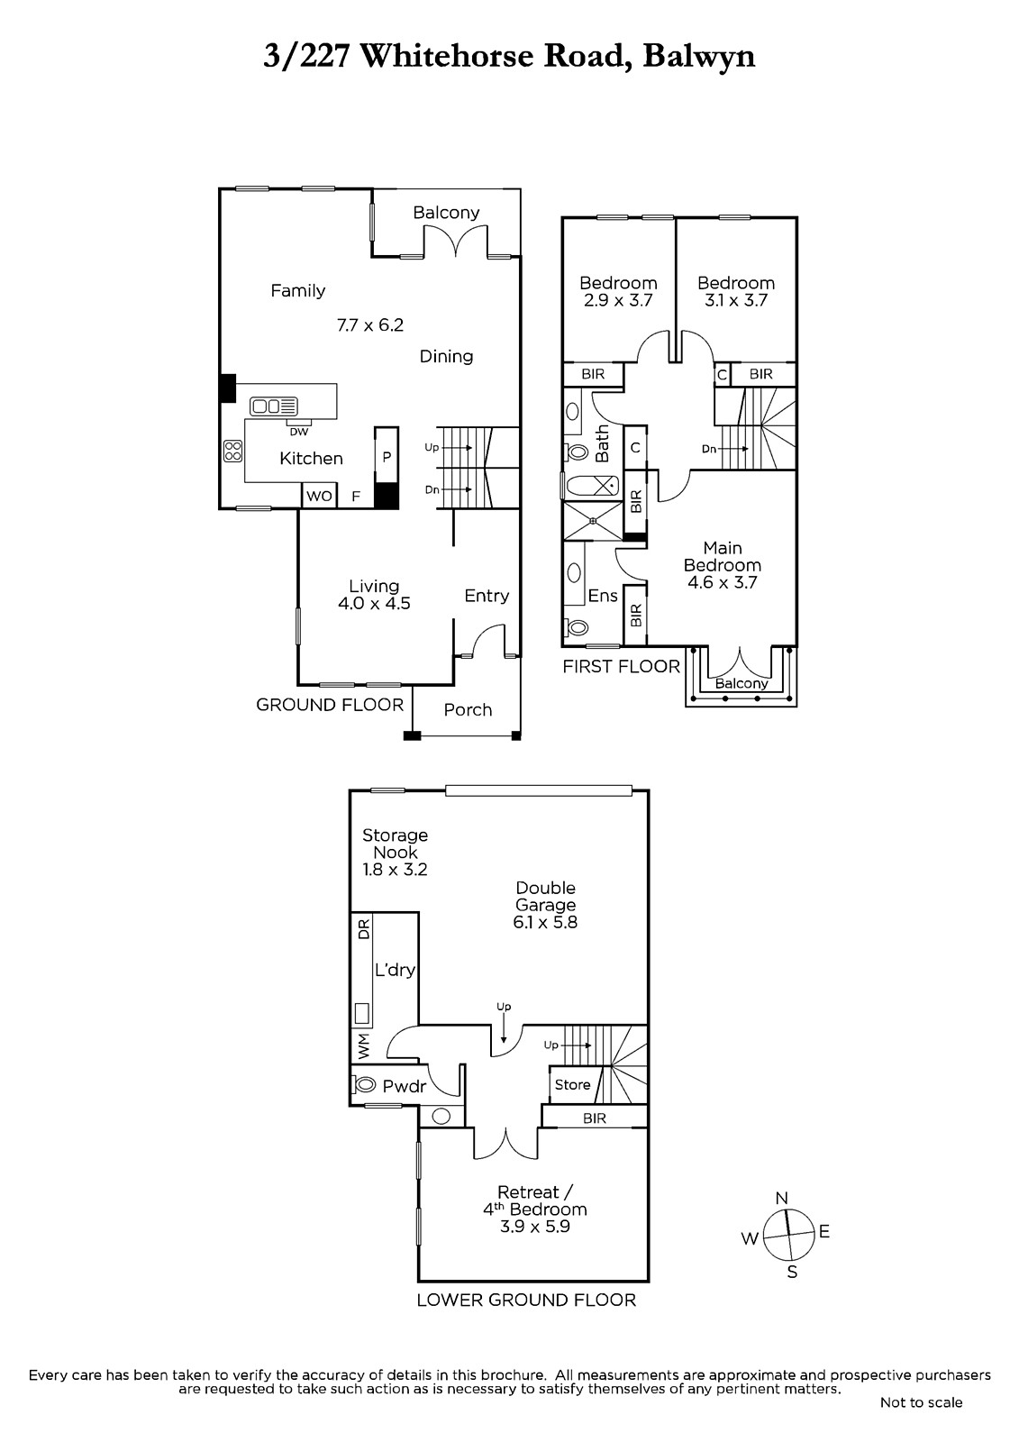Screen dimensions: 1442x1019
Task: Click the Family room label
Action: (297, 290)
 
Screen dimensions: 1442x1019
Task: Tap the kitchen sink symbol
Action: (274, 406)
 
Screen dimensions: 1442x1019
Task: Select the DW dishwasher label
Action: (298, 432)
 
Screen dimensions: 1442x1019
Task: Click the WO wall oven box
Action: (319, 496)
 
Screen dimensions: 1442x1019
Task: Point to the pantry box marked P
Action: (387, 456)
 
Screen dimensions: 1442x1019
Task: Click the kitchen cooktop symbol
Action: (232, 451)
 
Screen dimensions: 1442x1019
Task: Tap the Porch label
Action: (468, 709)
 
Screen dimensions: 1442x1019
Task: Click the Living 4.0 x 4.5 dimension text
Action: (374, 604)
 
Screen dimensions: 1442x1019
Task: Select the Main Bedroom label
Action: (722, 556)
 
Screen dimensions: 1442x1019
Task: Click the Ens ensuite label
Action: (602, 595)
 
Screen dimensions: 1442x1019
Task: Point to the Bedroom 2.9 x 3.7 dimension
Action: (618, 301)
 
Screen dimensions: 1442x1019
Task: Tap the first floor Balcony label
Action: (742, 683)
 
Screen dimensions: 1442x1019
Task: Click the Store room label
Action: (572, 1084)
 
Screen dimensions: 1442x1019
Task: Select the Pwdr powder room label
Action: (404, 1087)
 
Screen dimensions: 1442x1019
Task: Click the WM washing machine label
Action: (363, 1046)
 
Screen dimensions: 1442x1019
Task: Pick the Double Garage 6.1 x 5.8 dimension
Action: (545, 922)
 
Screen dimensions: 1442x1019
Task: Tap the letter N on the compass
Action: (782, 1198)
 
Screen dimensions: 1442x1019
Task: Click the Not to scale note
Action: (921, 1402)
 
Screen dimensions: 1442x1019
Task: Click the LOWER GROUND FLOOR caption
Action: (526, 1300)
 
